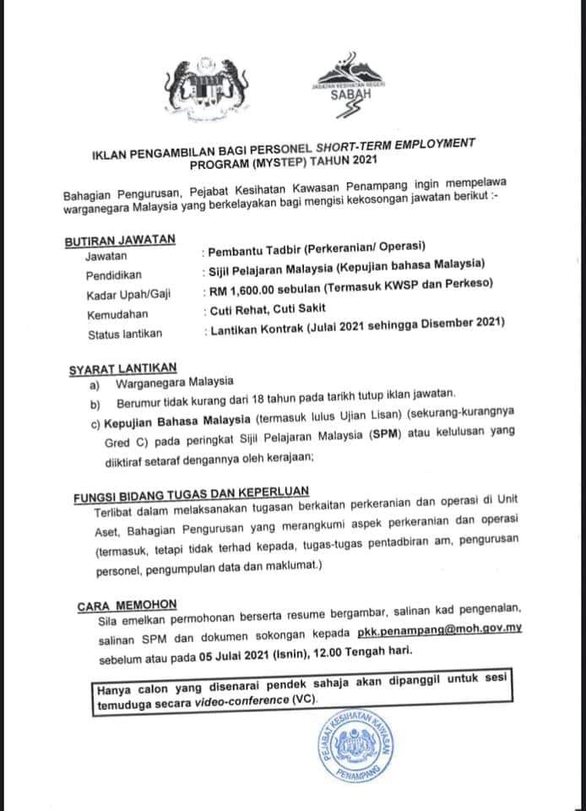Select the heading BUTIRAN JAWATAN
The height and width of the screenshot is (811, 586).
[120, 239]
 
